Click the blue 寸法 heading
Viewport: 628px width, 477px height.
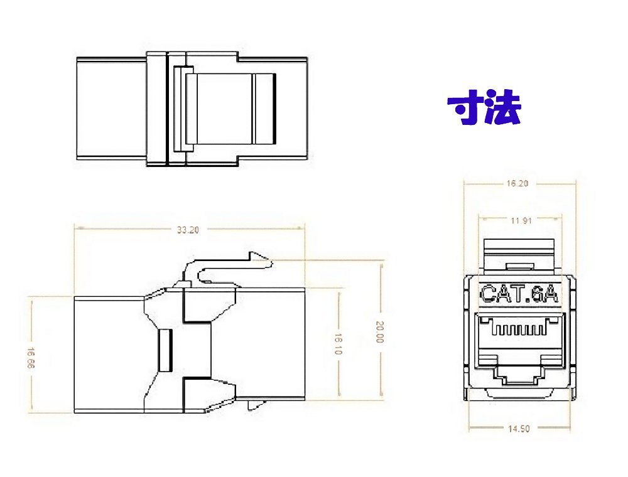click(x=484, y=109)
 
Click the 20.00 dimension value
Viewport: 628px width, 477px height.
click(x=379, y=332)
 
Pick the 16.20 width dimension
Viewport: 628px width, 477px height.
click(x=518, y=184)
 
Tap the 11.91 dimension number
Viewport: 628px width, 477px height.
click(x=518, y=221)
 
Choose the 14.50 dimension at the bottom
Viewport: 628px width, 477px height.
click(x=518, y=429)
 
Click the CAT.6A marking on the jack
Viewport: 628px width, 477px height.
click(x=519, y=294)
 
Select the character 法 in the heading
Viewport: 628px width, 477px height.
click(x=502, y=109)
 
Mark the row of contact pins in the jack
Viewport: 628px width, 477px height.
click(x=519, y=328)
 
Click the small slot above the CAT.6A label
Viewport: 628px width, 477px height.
click(x=518, y=267)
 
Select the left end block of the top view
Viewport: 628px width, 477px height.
click(x=111, y=110)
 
